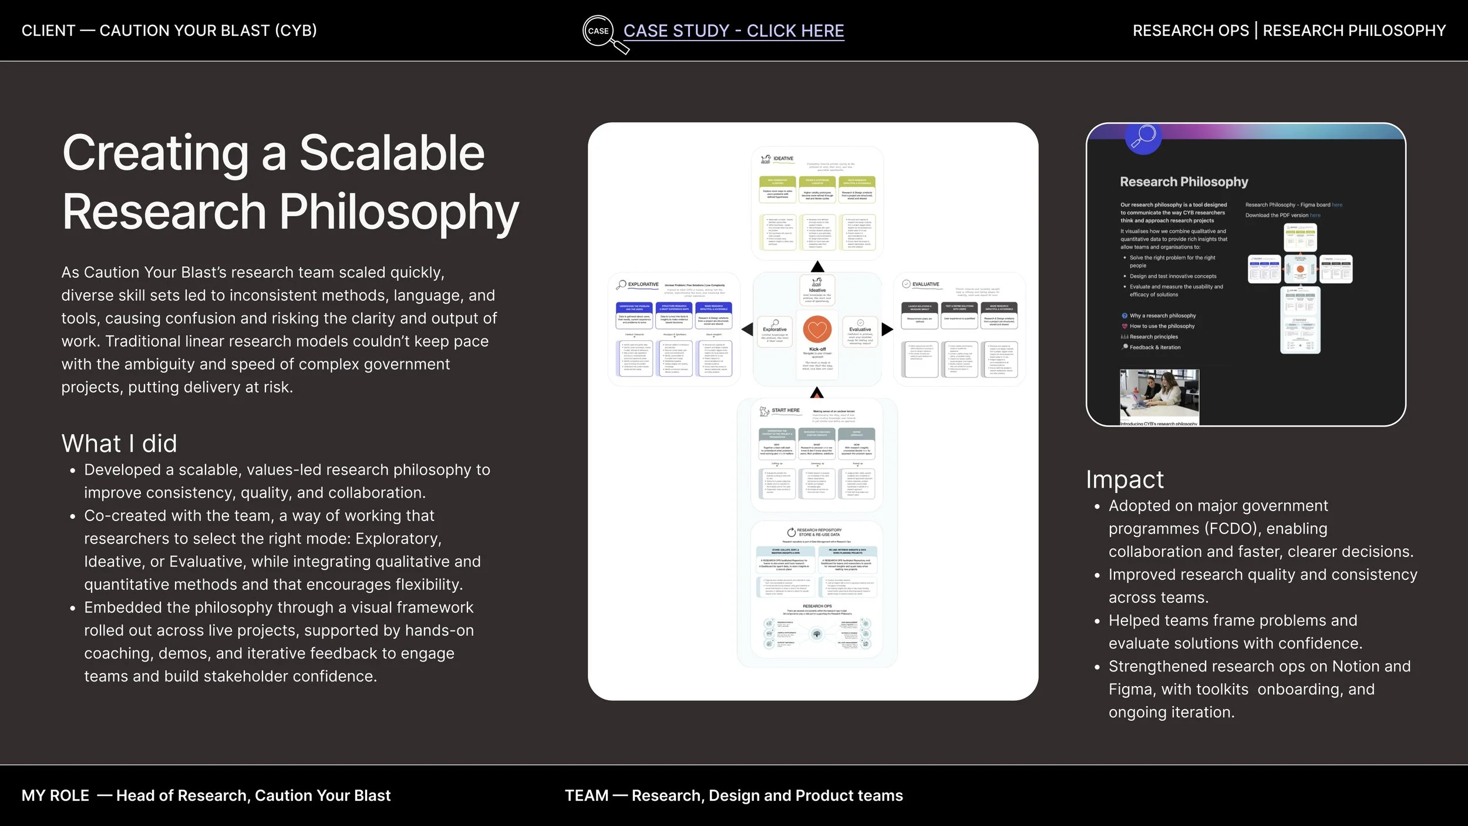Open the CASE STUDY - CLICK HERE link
(733, 31)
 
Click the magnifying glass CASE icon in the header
(599, 31)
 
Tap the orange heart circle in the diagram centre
(817, 330)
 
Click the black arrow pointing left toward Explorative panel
(748, 330)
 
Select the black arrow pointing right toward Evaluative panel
(887, 330)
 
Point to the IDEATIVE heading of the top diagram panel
(783, 159)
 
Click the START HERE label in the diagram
(785, 410)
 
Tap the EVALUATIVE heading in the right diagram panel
(925, 284)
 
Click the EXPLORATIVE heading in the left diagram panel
(643, 284)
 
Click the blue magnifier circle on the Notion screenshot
(1143, 137)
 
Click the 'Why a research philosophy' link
(1162, 315)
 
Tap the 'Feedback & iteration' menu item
(1154, 347)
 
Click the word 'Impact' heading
(1124, 479)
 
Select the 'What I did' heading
(119, 444)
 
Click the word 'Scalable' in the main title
(392, 153)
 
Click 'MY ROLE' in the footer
(55, 795)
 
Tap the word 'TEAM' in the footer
(586, 795)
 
